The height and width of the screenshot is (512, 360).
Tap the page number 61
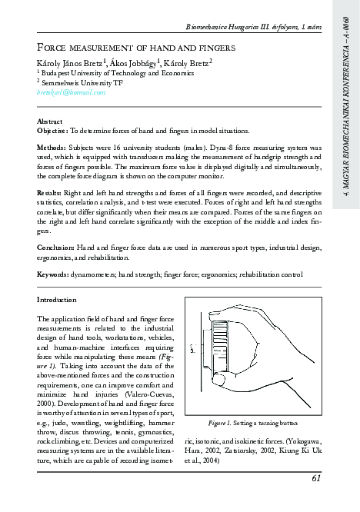[316, 479]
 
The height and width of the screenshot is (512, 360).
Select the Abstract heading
[51, 121]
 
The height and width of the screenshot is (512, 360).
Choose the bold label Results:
[50, 191]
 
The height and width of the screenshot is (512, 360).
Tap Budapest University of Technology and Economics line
[101, 72]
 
